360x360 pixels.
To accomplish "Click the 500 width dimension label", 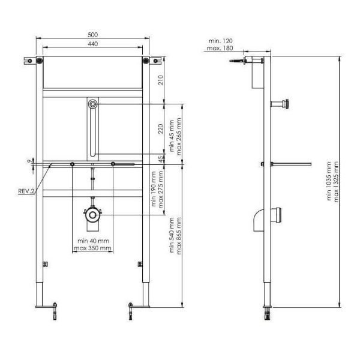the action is tap(93, 35).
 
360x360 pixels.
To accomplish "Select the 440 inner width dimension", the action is tap(93, 44).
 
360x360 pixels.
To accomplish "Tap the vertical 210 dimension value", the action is tap(161, 80).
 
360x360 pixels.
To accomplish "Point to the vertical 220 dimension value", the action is tap(161, 129).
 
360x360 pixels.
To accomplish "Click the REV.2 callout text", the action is tap(26, 191).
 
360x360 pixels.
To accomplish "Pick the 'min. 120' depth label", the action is tap(220, 41).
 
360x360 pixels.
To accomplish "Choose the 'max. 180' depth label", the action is tap(220, 48).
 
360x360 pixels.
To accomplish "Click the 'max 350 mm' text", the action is tap(93, 248).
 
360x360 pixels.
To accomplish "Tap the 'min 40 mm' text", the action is tap(93, 241).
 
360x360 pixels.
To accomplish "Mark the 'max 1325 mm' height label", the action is tap(336, 182).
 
